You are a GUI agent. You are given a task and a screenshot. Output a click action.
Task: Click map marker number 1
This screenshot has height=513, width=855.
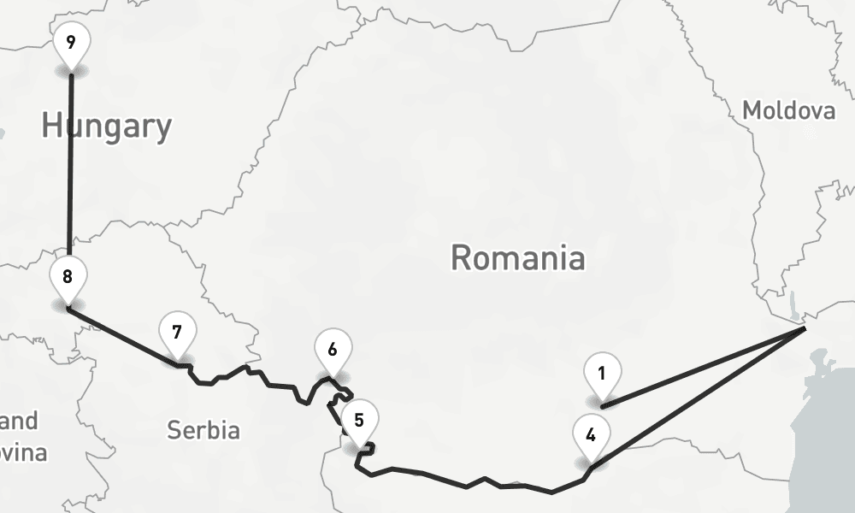(x=602, y=374)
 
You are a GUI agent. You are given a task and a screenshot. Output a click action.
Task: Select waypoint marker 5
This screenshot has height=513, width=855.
(x=358, y=421)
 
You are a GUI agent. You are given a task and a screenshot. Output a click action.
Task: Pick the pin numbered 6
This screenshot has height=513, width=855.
(x=332, y=350)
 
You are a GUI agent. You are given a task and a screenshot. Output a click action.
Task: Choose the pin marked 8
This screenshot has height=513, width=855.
(x=68, y=276)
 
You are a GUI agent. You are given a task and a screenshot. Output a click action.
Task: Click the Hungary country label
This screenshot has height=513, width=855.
(x=107, y=127)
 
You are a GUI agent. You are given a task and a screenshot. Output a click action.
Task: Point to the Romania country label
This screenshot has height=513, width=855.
(x=518, y=257)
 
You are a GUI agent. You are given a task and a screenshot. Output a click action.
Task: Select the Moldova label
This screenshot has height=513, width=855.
(x=787, y=110)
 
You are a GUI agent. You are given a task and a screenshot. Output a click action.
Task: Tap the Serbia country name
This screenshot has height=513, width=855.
(x=203, y=429)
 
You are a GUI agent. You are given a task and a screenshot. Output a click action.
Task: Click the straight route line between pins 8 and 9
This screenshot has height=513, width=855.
(x=70, y=171)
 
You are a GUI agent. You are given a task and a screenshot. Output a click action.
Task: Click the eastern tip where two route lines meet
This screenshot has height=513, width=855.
(x=804, y=328)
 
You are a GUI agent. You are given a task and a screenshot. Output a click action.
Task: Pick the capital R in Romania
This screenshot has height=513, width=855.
(x=461, y=257)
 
